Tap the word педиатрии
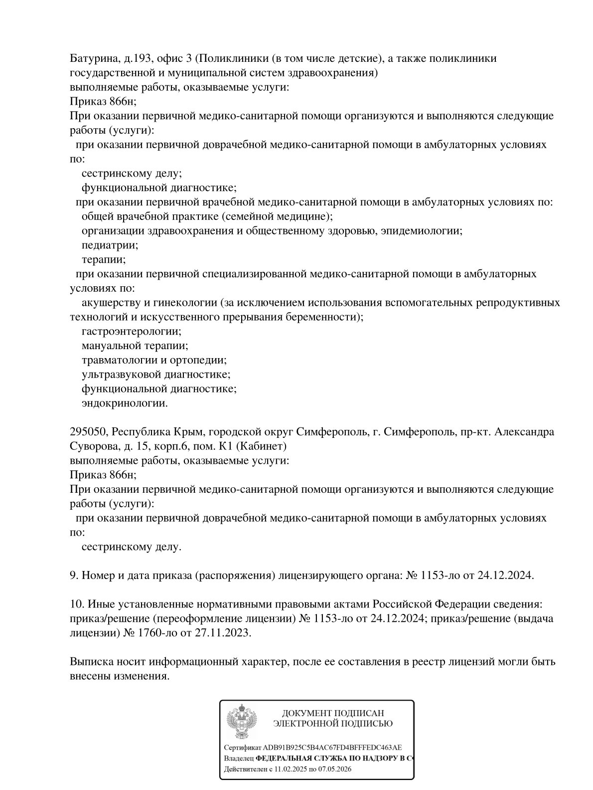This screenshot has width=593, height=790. (110, 245)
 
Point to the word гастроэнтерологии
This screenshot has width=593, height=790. (131, 332)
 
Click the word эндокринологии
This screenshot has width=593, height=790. (125, 403)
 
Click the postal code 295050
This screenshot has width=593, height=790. (87, 432)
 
